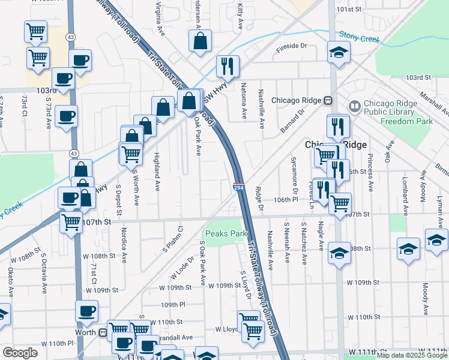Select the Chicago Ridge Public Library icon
pyautogui.click(x=355, y=106)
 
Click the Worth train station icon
pyautogui.click(x=103, y=332)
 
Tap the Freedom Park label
pyautogui.click(x=399, y=121)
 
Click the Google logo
pyautogui.click(x=20, y=352)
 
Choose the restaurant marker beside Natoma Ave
pyautogui.click(x=228, y=66)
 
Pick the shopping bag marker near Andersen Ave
pyautogui.click(x=200, y=41)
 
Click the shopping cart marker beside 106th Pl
pyautogui.click(x=340, y=203)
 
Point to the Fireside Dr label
pyautogui.click(x=291, y=46)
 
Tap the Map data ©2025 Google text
pyautogui.click(x=412, y=355)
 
